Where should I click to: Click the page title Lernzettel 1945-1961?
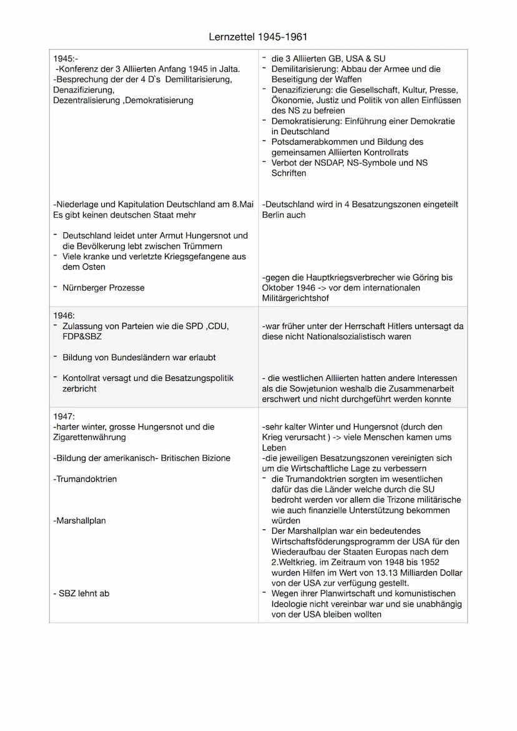tap(258, 37)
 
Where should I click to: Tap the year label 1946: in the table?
tap(64, 316)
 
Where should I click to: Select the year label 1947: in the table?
tap(64, 416)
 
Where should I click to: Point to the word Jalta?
tap(227, 69)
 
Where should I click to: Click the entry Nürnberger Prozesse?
tap(103, 288)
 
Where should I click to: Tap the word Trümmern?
tap(196, 246)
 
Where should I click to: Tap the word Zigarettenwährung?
tap(90, 438)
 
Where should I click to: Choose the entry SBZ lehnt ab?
tap(81, 594)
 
